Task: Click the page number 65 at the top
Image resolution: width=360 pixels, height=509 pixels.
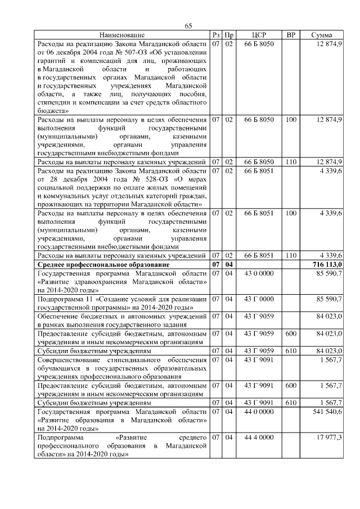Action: [x=188, y=26]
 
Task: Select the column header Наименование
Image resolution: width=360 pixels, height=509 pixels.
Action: [x=122, y=35]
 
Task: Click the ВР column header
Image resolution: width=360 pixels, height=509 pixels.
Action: [x=291, y=35]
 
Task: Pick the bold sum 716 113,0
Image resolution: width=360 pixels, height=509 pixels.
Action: [x=326, y=264]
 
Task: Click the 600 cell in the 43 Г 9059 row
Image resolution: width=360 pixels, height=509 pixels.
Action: [x=291, y=334]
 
